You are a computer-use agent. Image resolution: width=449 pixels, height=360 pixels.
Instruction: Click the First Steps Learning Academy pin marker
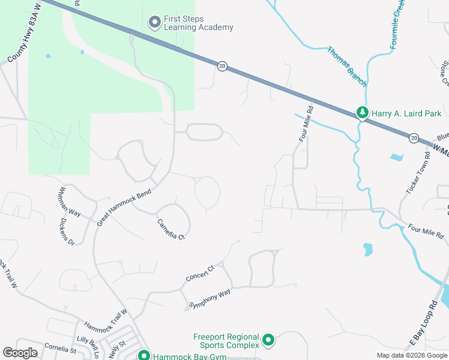[x=154, y=23]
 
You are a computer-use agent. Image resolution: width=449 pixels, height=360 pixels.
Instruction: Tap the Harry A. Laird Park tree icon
[x=362, y=113]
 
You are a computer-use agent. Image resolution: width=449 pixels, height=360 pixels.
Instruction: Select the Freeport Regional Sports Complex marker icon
[x=268, y=341]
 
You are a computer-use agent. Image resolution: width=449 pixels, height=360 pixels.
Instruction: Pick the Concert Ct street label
[x=200, y=273]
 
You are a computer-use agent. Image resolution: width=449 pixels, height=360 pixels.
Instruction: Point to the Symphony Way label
[x=209, y=297]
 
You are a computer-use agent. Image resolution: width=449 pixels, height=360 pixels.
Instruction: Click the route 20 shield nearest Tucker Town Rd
[x=414, y=138]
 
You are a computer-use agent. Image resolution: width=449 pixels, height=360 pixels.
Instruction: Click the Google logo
[x=20, y=353]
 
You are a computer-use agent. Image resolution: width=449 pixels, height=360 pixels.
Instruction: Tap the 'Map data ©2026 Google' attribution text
[x=411, y=355]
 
